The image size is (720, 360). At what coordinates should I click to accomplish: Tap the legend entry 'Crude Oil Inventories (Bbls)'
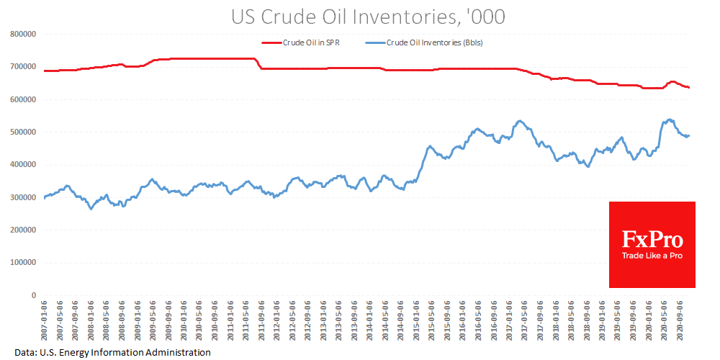click(x=434, y=42)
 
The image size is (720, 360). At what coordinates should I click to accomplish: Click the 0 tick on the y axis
click(x=33, y=295)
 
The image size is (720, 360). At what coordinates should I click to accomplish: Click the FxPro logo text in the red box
click(x=652, y=239)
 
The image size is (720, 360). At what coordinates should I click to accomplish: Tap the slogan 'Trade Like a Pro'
click(x=652, y=256)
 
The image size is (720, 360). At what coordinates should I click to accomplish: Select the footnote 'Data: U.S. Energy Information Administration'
click(x=113, y=352)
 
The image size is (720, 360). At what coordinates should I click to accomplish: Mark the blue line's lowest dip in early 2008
click(x=91, y=209)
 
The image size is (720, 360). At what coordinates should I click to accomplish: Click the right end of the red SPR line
click(x=689, y=87)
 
